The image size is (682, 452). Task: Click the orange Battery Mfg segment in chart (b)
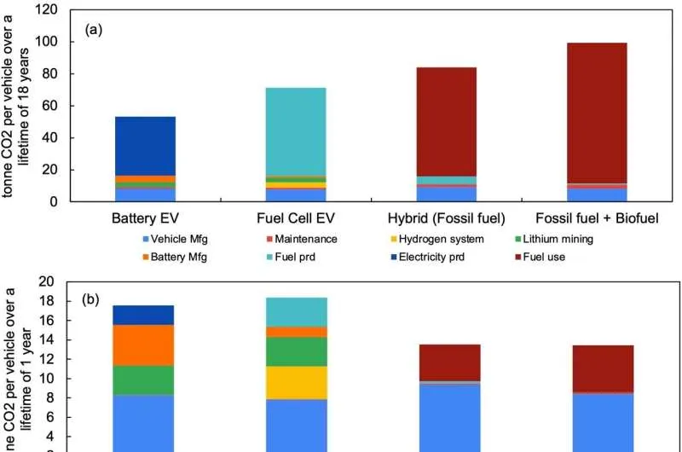tap(145, 345)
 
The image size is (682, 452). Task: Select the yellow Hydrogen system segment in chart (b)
tap(295, 382)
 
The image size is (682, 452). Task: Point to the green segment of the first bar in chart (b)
tap(145, 380)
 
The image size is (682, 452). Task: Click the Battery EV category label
tap(145, 218)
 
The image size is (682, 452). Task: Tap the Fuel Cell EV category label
tap(295, 218)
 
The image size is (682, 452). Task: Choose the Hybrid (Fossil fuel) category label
tap(446, 218)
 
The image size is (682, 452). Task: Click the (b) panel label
tap(92, 300)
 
